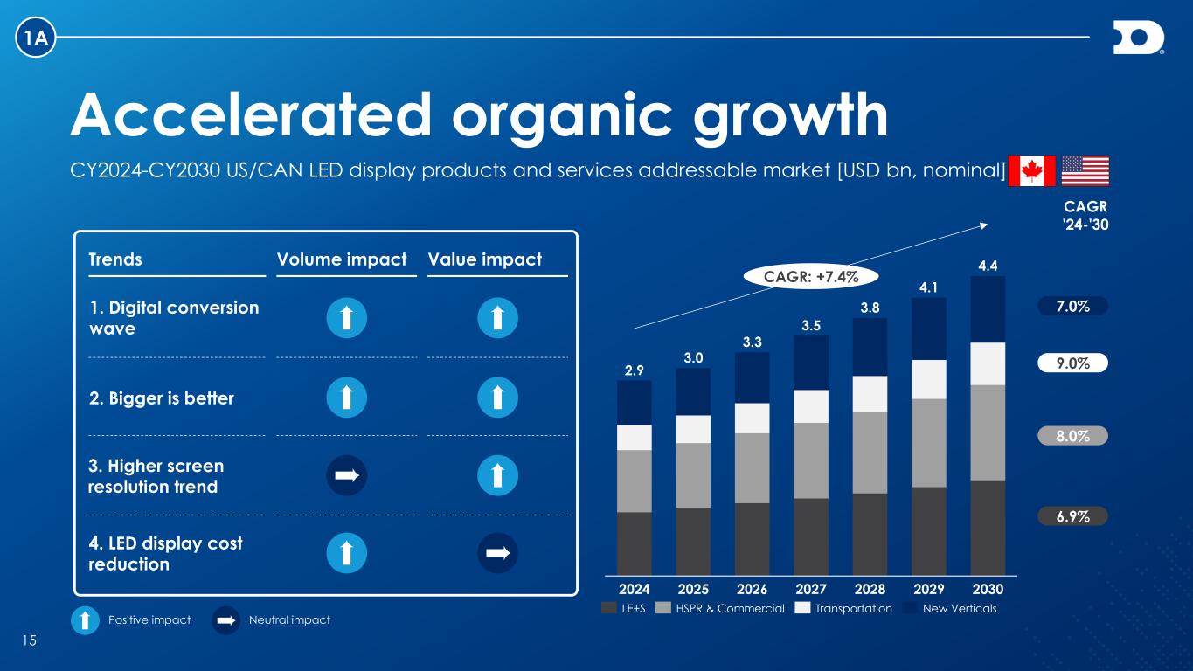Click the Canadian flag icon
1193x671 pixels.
click(1032, 171)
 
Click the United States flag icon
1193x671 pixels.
click(1085, 171)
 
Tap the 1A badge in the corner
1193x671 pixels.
click(36, 38)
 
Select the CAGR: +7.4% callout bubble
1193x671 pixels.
click(811, 277)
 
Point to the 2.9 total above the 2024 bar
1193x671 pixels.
click(634, 370)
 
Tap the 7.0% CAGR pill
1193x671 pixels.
click(1072, 307)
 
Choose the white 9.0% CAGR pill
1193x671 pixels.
click(1072, 363)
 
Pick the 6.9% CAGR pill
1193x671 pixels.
click(1072, 516)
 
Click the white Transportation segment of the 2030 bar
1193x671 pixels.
click(988, 363)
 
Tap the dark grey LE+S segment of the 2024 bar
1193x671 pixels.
click(634, 543)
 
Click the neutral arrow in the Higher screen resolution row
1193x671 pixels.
click(346, 475)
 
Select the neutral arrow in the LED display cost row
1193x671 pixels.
click(498, 553)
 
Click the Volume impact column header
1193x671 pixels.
click(342, 259)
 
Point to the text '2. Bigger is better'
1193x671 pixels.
click(162, 398)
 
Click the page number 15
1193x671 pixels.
click(29, 641)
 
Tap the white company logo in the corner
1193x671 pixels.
click(1138, 39)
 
